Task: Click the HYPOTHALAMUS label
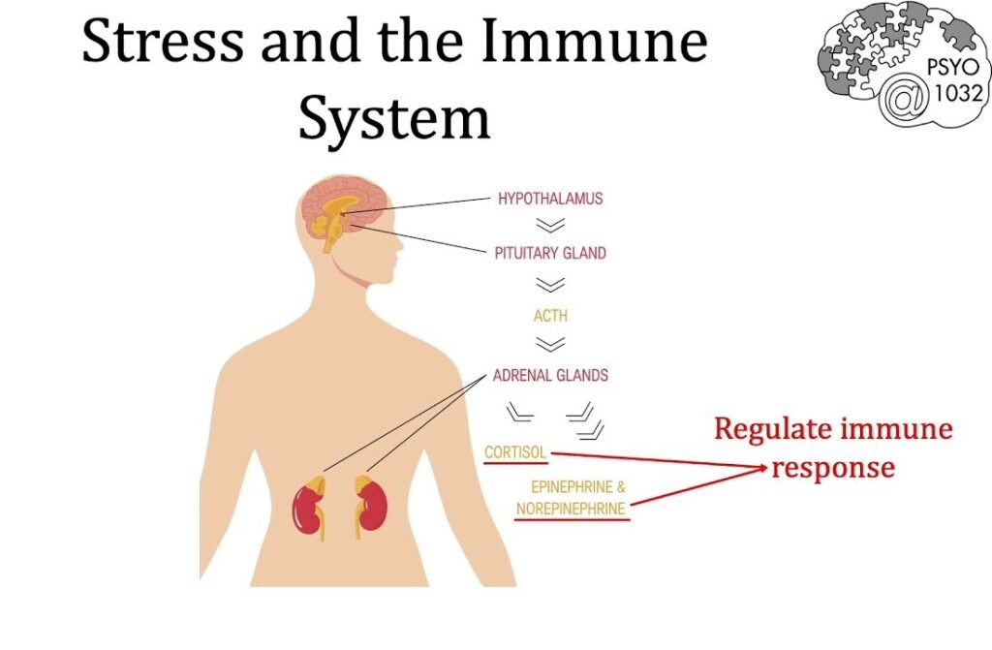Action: pos(550,199)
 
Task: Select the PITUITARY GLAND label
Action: pos(550,253)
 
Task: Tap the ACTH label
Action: pos(550,316)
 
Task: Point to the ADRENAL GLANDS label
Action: pos(550,375)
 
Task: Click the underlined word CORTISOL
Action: pos(515,452)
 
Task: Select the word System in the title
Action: pos(393,119)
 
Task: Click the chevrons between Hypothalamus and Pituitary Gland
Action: pos(550,226)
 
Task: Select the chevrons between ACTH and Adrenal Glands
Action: pos(550,344)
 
